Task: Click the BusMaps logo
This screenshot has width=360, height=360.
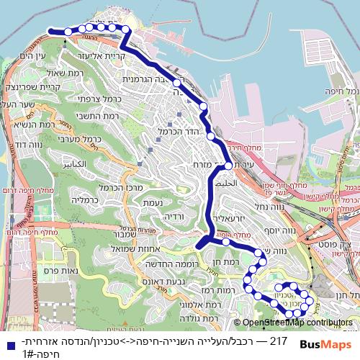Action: click(x=325, y=344)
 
